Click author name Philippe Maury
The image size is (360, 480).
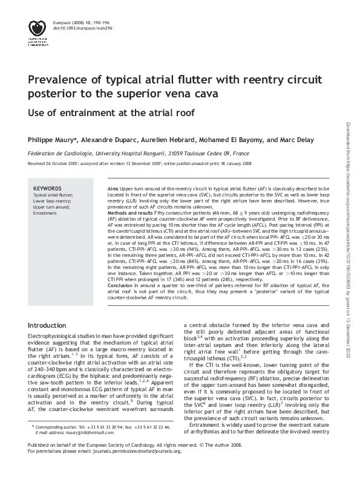coord(51,140)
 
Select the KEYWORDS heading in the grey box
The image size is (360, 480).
coord(47,188)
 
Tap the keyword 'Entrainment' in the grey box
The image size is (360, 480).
coord(45,213)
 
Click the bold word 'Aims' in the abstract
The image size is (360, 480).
coord(113,189)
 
